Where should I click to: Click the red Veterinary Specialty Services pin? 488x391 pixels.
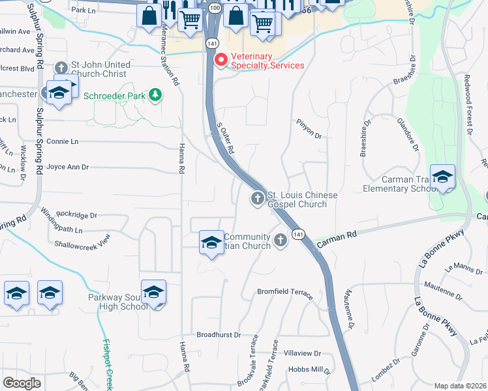221,61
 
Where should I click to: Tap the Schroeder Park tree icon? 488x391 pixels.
155,95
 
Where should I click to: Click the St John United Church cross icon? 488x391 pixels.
61,68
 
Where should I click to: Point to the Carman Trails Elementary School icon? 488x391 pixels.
442,177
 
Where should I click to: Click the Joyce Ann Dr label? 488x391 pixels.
67,167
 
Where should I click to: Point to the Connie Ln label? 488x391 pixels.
62,141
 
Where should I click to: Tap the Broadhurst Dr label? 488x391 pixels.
219,334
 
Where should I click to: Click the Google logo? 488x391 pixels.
22,383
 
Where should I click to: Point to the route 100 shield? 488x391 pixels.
215,7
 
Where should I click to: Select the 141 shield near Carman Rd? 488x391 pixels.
298,234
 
